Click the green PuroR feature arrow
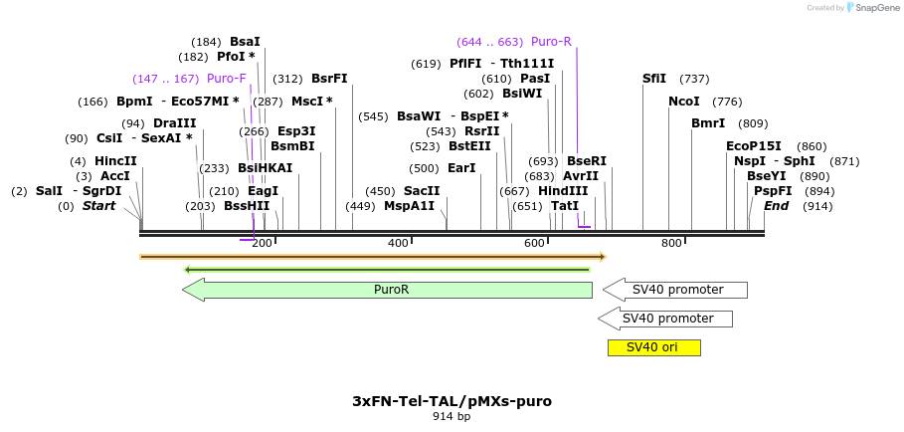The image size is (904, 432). (388, 290)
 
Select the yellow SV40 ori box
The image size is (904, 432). (653, 347)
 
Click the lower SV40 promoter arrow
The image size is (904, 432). (666, 319)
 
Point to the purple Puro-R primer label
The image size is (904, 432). (551, 42)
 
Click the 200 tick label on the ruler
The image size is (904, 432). (262, 244)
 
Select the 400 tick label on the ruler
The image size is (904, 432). (398, 244)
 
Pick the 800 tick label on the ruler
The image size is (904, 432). (671, 244)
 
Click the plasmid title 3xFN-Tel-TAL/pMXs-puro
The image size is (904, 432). (452, 401)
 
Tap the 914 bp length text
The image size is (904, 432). (452, 417)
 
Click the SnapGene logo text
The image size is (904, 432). (876, 8)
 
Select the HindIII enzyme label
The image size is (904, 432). (563, 191)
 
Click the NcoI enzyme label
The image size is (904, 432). (684, 102)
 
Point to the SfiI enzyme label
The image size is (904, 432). (654, 79)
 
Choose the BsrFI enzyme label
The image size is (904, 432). (329, 79)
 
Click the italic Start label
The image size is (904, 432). (98, 206)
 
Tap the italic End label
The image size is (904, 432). (777, 206)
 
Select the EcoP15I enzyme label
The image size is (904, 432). (754, 146)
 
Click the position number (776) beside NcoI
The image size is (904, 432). (727, 102)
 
